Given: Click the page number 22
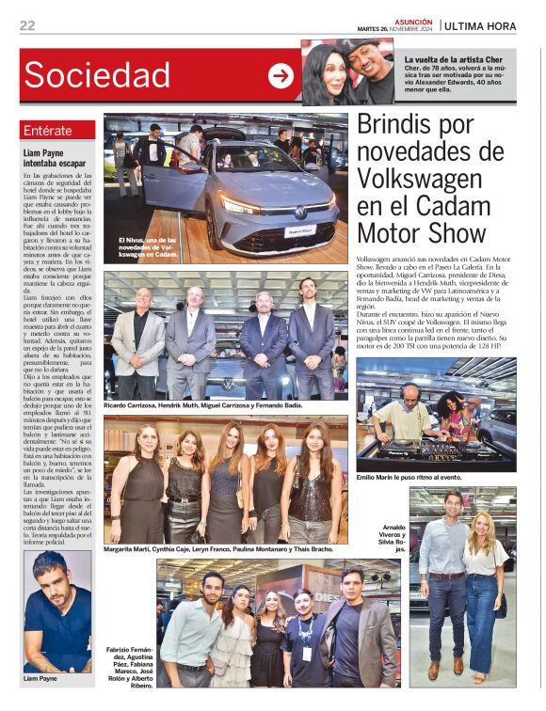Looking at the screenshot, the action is coord(26,25).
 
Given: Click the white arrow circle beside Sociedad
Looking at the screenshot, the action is coord(281,76).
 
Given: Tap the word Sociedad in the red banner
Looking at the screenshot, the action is coord(97,75).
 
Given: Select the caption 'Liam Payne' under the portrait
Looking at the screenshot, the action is coord(40,678).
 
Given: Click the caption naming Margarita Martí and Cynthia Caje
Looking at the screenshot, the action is coord(218,548).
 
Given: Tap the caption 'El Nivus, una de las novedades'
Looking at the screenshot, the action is coord(147,247).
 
